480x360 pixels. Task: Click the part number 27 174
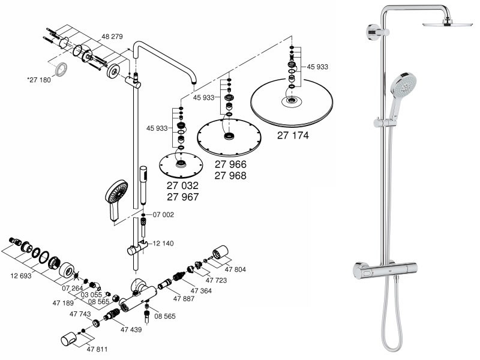click(x=293, y=136)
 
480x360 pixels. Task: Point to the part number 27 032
click(x=182, y=186)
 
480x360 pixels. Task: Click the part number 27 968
click(x=230, y=175)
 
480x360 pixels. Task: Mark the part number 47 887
click(x=185, y=298)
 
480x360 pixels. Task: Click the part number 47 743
click(x=80, y=314)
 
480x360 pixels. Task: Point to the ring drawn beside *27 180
click(x=61, y=70)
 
